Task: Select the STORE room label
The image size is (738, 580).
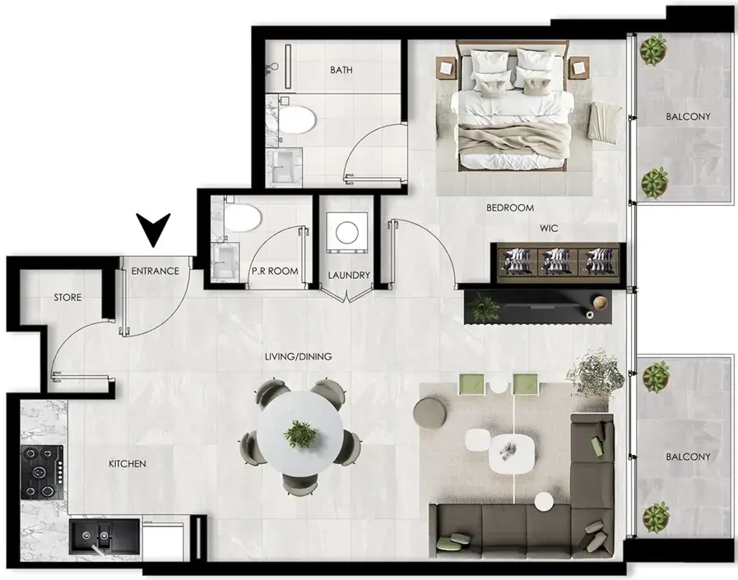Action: (67, 297)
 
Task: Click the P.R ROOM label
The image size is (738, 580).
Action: (276, 271)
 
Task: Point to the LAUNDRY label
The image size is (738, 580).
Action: (348, 276)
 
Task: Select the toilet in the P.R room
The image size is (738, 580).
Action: (243, 217)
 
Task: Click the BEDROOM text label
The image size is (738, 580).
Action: (510, 208)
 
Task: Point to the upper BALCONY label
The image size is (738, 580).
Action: (687, 117)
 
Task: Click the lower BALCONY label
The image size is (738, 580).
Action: (687, 456)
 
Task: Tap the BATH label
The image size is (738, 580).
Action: (341, 71)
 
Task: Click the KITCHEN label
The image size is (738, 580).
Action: (128, 464)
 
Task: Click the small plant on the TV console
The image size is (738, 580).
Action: (483, 308)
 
